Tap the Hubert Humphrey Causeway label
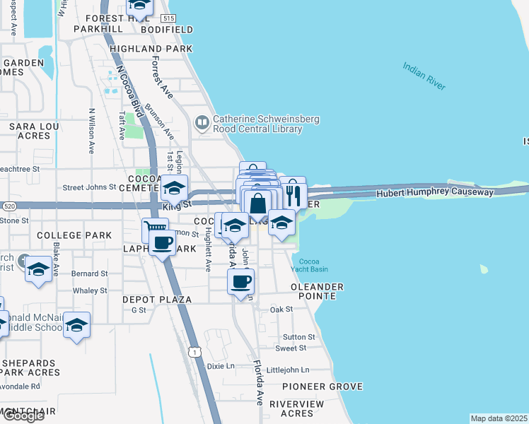(435, 192)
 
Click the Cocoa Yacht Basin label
(309, 264)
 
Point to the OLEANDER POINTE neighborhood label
(318, 287)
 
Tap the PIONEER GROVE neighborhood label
(322, 387)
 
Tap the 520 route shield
(7, 206)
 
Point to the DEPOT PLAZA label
(157, 300)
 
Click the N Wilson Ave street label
(91, 131)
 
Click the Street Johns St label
(89, 187)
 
